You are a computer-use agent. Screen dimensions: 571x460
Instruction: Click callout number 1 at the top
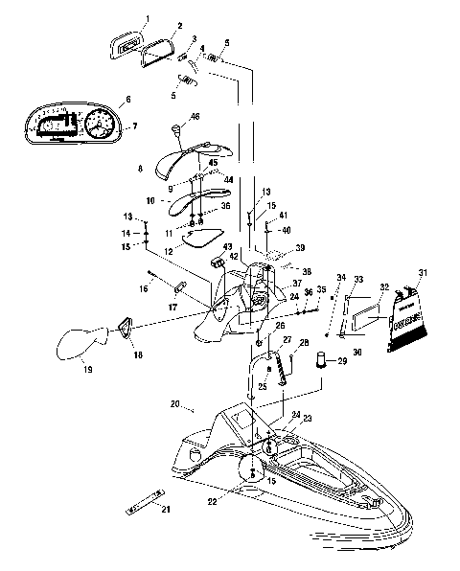148,18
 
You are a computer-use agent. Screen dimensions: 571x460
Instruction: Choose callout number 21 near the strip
166,508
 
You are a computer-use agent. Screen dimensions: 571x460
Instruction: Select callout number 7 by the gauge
134,126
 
